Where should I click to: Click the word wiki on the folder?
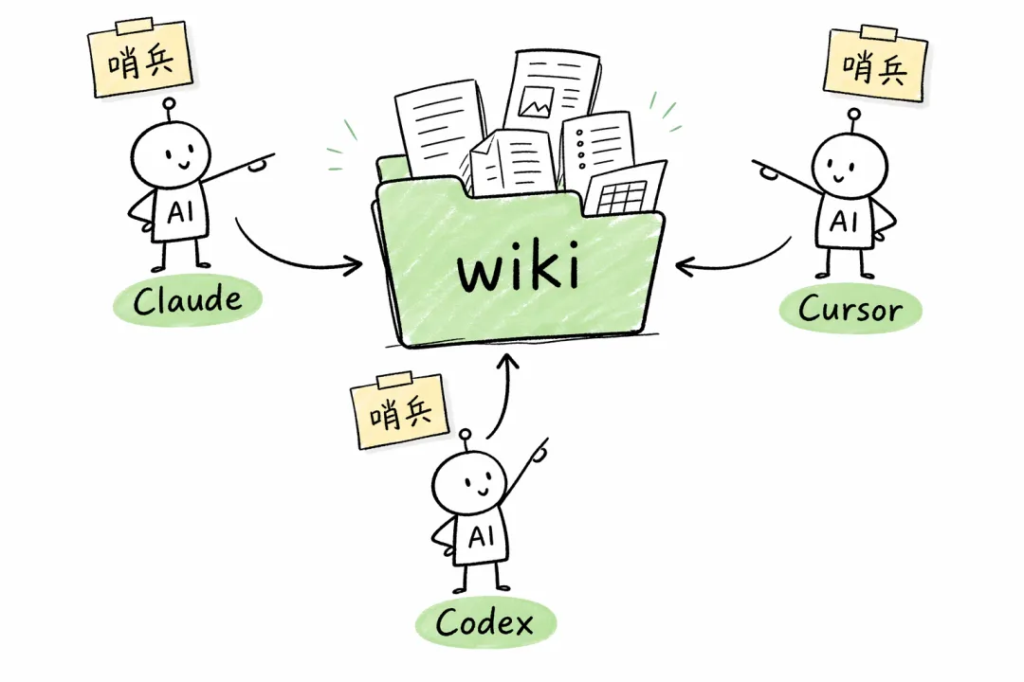point(517,269)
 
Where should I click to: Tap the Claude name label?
point(187,301)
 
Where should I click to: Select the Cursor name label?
point(850,307)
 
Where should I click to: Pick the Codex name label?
point(485,622)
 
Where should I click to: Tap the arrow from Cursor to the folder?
point(735,260)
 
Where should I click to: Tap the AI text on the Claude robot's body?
point(179,213)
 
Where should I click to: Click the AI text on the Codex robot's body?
point(481,537)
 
